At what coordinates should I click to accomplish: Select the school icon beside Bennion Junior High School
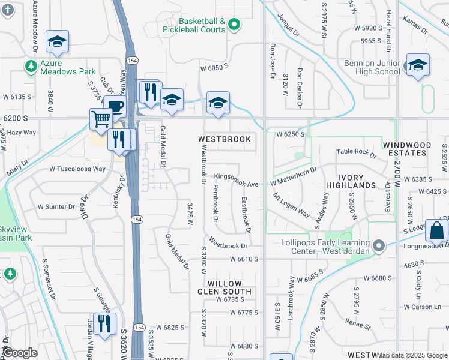[x=417, y=65]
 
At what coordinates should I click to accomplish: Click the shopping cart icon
[x=101, y=118]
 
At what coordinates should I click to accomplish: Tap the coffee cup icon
[x=114, y=106]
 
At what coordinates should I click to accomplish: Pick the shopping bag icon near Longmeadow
[x=438, y=230]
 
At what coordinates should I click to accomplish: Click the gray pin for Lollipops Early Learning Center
[x=378, y=246]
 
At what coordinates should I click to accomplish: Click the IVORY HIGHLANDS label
[x=350, y=182]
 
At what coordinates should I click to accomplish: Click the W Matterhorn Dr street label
[x=294, y=181]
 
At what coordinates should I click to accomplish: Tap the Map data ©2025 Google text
[x=412, y=355]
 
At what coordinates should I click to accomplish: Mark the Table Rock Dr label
[x=356, y=153]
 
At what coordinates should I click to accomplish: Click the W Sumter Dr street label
[x=57, y=206]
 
